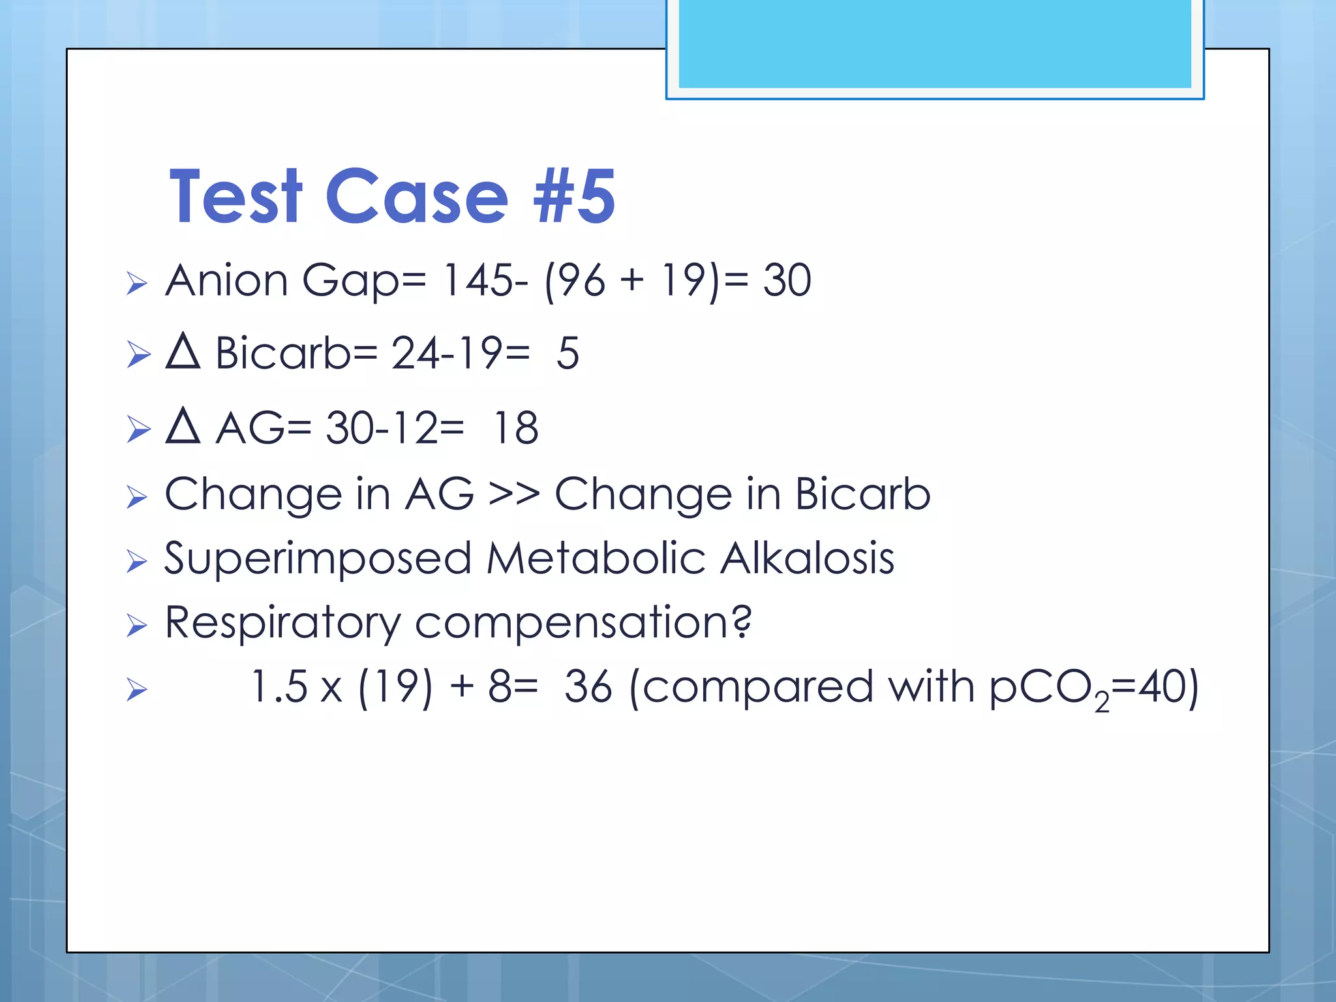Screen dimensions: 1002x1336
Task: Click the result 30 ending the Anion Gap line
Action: click(x=787, y=281)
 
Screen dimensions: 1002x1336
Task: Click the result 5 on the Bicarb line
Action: click(x=568, y=354)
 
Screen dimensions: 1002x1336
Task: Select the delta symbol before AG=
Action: click(x=183, y=427)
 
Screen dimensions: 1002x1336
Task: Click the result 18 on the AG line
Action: click(x=516, y=429)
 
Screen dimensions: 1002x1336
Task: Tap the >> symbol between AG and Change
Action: click(x=514, y=494)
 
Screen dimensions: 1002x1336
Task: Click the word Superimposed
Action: click(x=318, y=559)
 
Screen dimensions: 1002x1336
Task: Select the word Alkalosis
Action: click(x=808, y=559)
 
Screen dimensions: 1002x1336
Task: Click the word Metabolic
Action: click(x=596, y=559)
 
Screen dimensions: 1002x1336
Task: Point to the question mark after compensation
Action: click(x=741, y=622)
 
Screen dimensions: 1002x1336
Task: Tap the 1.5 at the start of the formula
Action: click(x=279, y=687)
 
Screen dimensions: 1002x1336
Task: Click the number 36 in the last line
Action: click(x=588, y=687)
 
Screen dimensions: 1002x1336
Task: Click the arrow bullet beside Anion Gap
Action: click(x=137, y=283)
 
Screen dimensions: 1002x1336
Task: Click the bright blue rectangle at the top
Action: click(x=934, y=44)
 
